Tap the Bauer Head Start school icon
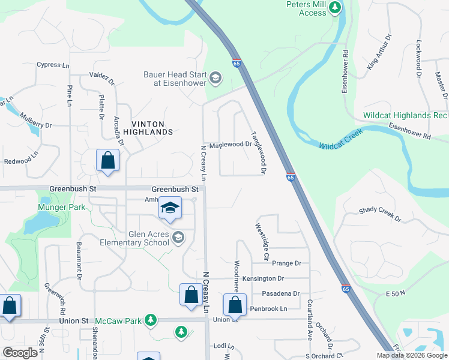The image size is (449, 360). point(215,78)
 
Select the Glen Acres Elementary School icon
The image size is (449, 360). point(178,238)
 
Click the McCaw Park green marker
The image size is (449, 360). point(152,320)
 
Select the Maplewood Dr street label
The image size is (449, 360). point(230,145)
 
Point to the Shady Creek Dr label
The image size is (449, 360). point(379,214)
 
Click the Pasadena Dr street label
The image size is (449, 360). point(281,293)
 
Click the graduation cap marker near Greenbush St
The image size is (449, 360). point(170,209)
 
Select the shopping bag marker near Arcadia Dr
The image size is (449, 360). point(107,161)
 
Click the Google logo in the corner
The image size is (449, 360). point(20,353)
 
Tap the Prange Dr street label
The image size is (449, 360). point(286,263)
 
